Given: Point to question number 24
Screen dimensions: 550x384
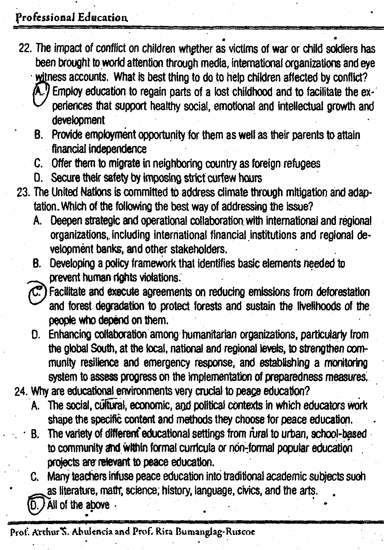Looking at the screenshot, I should pos(22,392).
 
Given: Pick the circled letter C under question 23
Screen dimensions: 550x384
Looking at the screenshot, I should pos(37,292).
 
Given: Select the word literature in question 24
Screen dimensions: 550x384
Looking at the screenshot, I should pos(69,491).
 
